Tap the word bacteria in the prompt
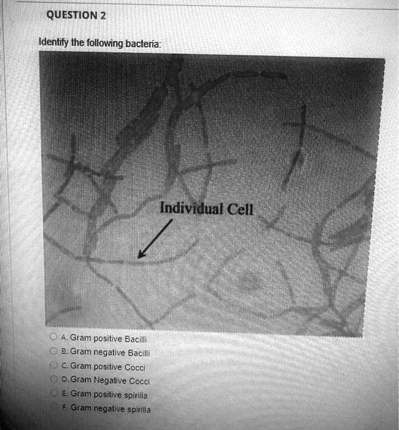coord(142,44)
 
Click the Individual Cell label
coord(206,209)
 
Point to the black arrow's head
coord(141,256)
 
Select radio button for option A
coord(55,338)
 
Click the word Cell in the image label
coord(239,209)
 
